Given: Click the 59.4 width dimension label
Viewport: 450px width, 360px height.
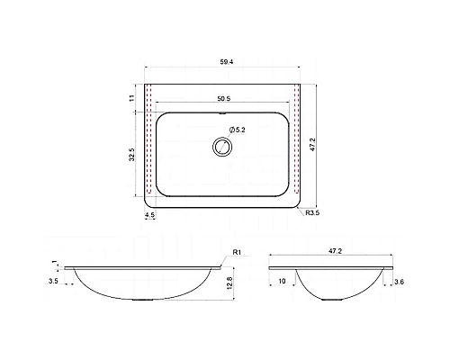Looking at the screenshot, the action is [227, 62].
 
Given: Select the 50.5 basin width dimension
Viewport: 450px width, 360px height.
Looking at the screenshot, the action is [224, 98].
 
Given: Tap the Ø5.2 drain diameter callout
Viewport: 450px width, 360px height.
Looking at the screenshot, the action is [237, 130].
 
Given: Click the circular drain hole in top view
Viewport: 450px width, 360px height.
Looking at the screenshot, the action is [222, 147].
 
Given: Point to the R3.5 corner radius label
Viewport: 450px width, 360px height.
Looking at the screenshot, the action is [312, 213].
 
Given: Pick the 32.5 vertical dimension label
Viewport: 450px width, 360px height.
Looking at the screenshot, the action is [132, 155].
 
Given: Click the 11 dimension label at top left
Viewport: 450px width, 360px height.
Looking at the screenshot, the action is [132, 98].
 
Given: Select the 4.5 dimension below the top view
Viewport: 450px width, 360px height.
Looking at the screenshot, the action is [149, 215].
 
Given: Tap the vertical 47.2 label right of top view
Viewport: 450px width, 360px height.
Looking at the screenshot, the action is [313, 145].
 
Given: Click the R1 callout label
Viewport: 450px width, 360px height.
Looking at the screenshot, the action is [237, 252].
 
